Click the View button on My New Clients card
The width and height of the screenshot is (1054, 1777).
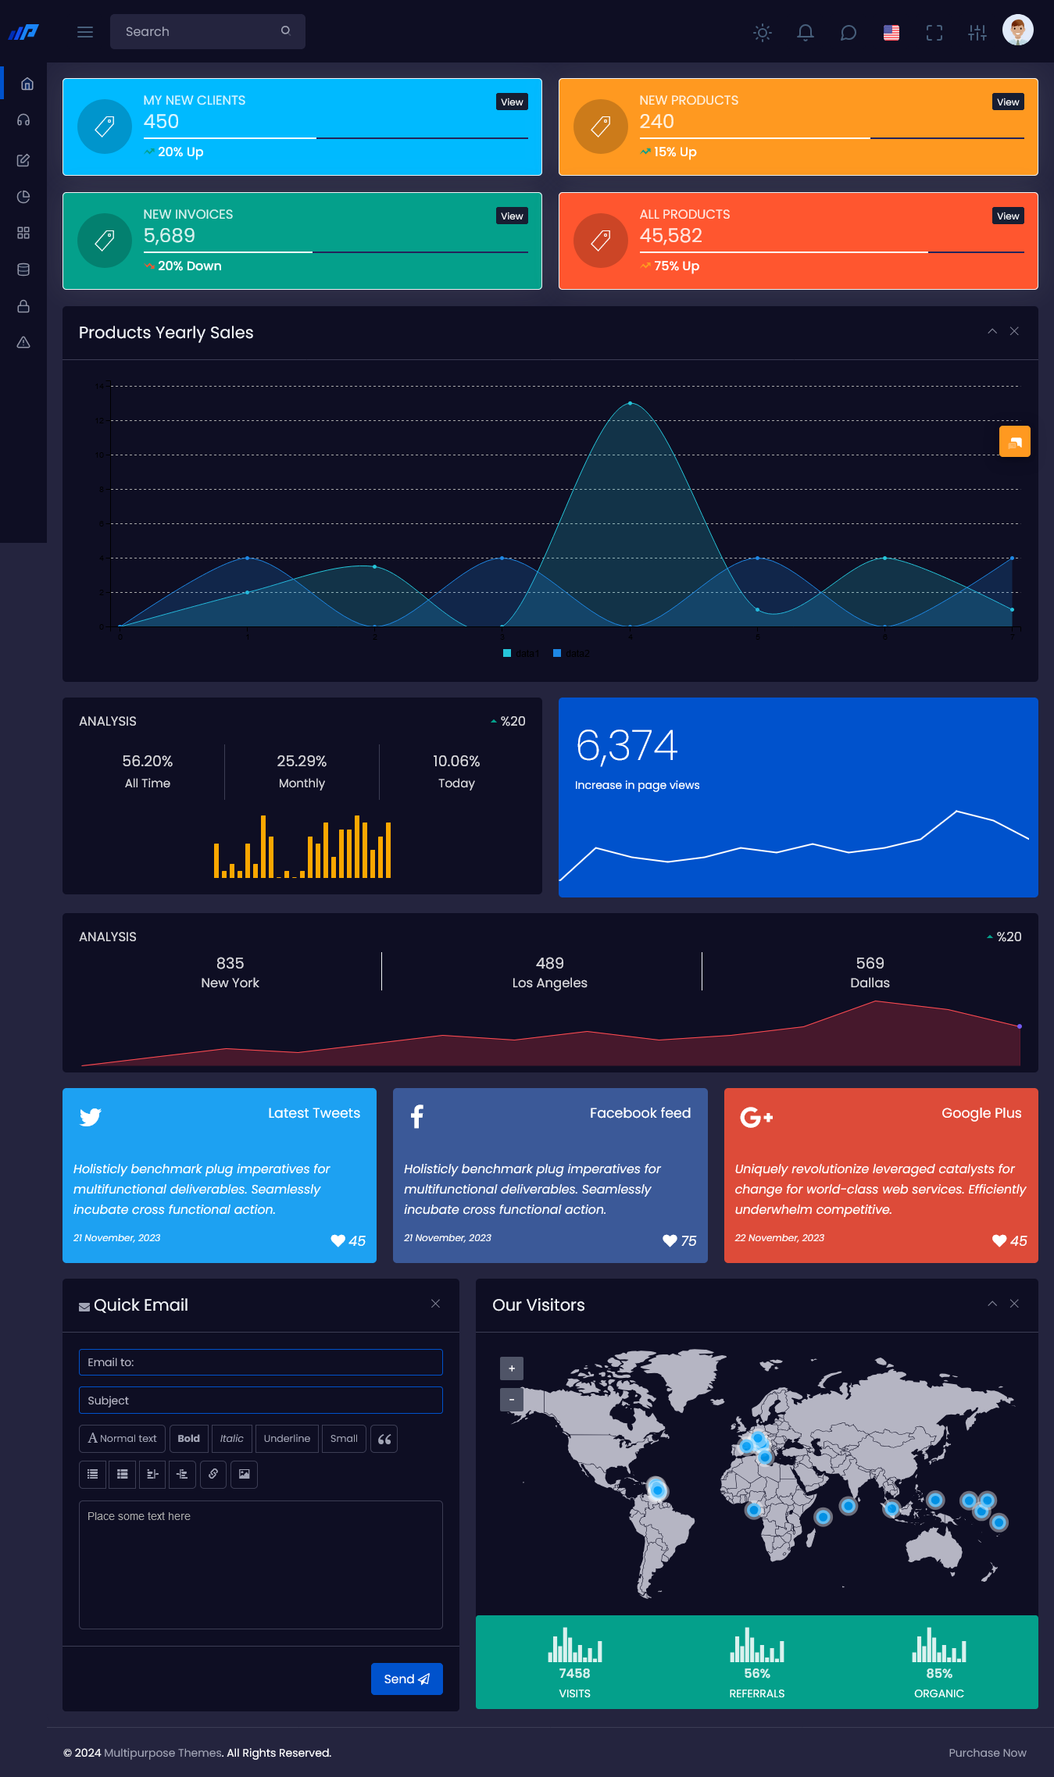coord(512,102)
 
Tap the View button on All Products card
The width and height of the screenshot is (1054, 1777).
coord(1008,216)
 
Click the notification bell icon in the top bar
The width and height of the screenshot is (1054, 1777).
coord(806,33)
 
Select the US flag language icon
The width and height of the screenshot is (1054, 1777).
coord(891,33)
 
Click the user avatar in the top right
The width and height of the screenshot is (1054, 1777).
coord(1017,31)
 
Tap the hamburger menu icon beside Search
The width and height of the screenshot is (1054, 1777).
coord(85,32)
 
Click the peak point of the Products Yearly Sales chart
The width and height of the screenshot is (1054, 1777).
coord(631,403)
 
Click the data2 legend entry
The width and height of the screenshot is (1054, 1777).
coord(572,653)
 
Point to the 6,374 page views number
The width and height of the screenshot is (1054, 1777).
coord(627,745)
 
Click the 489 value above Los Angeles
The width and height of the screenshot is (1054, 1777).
coord(549,963)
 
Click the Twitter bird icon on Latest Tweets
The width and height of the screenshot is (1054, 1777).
coord(91,1116)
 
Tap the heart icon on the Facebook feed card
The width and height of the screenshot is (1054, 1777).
coord(670,1240)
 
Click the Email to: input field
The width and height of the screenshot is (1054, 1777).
coord(261,1362)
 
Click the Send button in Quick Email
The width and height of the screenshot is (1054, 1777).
coord(406,1679)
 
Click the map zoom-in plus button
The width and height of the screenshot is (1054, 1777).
coord(512,1368)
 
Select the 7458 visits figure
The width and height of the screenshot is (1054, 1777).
coord(574,1673)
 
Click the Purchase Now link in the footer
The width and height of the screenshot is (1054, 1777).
coord(988,1753)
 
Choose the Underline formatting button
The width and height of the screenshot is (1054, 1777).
coord(287,1438)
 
